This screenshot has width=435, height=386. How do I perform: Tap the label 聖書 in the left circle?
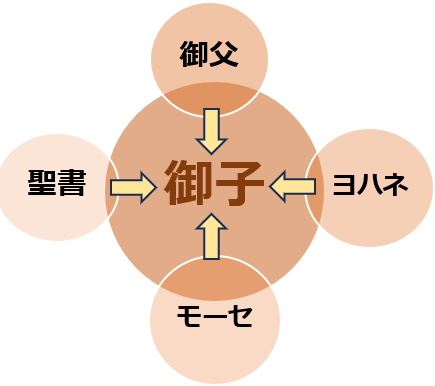click(56, 185)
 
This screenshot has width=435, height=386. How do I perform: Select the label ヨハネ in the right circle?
click(370, 185)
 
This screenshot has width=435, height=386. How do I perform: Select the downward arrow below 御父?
click(213, 129)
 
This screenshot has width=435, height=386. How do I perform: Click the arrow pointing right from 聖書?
click(132, 185)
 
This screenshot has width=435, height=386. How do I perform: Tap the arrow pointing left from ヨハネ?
click(292, 185)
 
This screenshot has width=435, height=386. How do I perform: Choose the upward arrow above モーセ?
click(211, 236)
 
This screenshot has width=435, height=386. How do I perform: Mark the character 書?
click(71, 185)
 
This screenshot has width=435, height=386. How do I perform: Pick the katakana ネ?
click(396, 185)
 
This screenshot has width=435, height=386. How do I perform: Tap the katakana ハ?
click(370, 185)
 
